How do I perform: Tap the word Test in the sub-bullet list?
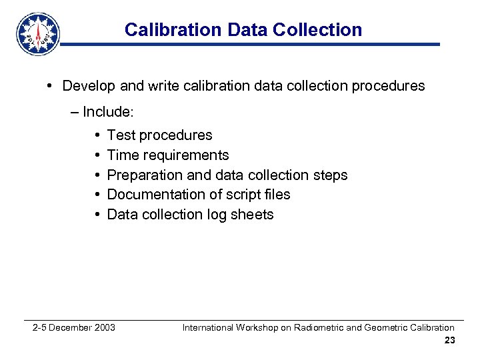coord(121,135)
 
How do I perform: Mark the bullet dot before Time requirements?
coord(97,155)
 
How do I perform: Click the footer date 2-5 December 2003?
coord(74,327)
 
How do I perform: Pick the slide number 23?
coord(449,341)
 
